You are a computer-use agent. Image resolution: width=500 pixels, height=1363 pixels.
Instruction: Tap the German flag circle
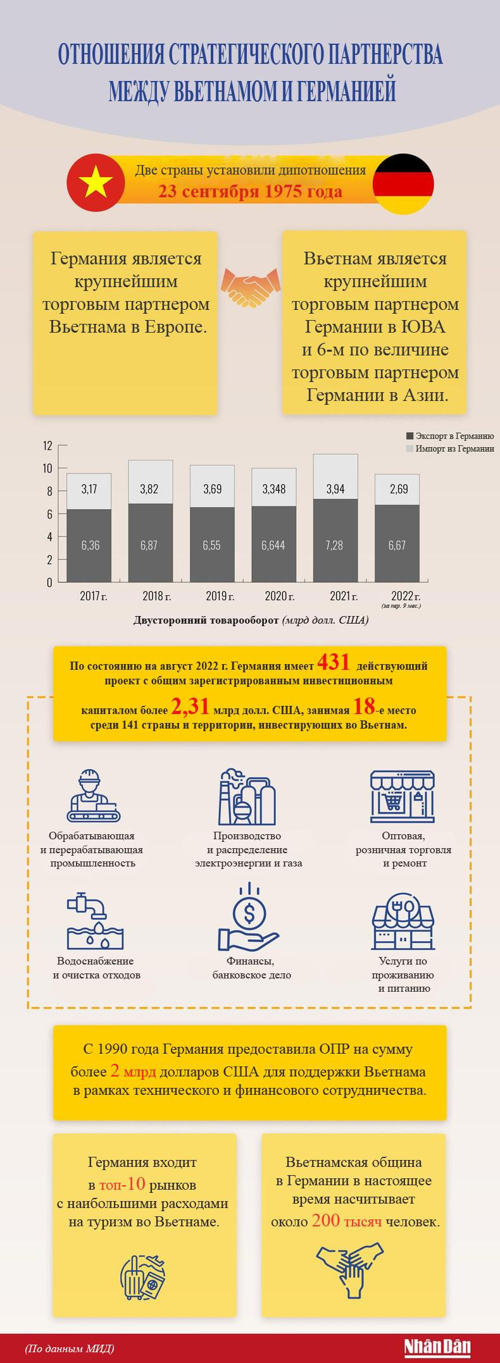click(403, 183)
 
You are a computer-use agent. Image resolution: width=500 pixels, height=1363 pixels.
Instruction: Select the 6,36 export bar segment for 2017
click(90, 545)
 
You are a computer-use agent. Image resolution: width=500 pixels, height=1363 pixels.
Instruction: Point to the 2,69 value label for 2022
click(397, 489)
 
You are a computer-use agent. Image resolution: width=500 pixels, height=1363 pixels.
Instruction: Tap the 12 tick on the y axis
click(47, 445)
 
